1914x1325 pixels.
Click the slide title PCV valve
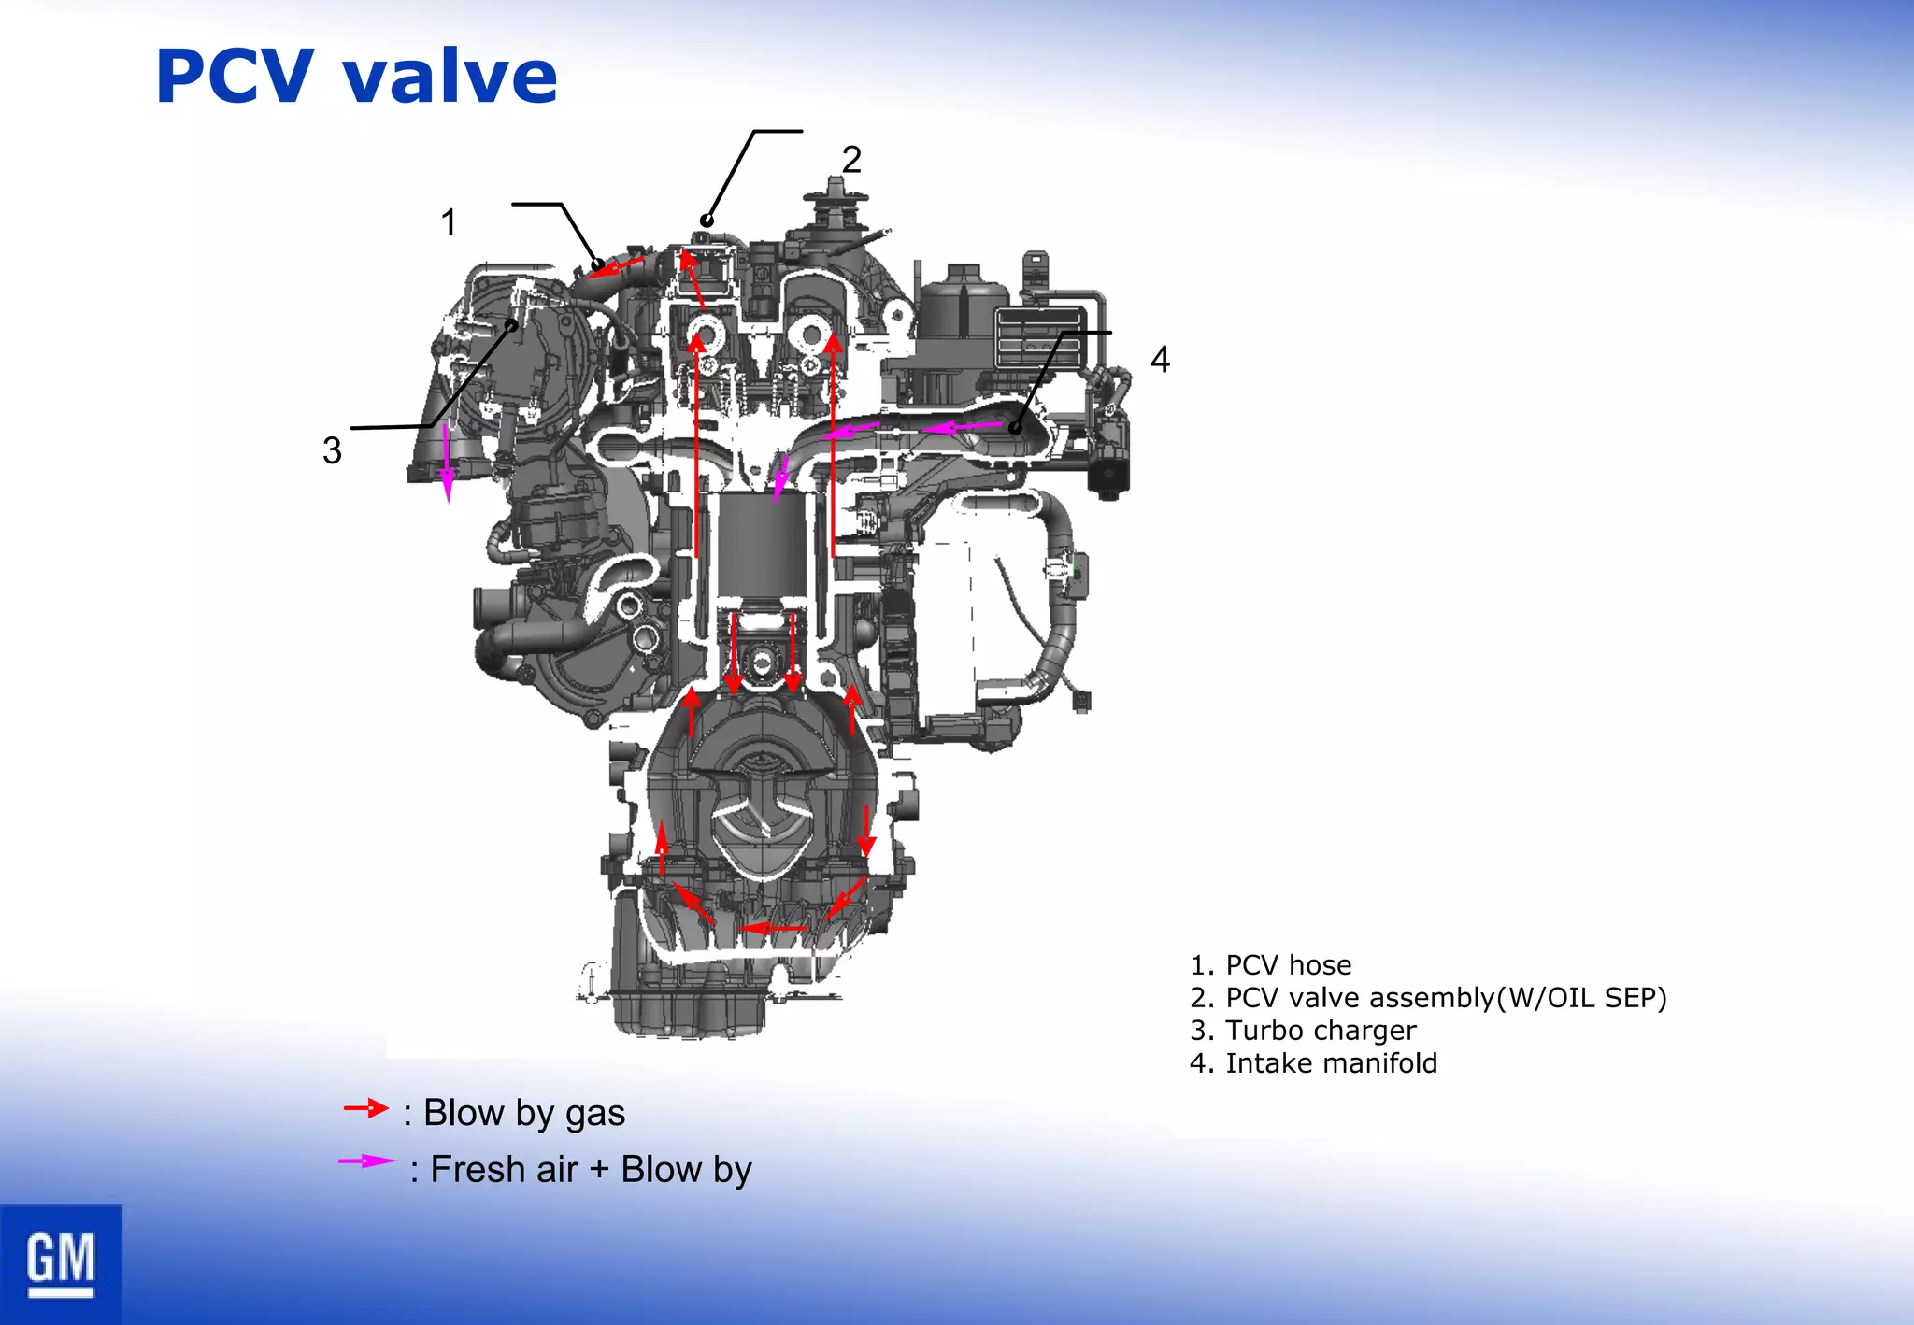pyautogui.click(x=356, y=77)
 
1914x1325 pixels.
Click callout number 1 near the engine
pyautogui.click(x=449, y=222)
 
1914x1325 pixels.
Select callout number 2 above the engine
pyautogui.click(x=850, y=160)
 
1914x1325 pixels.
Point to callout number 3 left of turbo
pyautogui.click(x=332, y=450)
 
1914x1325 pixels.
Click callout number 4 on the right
pyautogui.click(x=1160, y=360)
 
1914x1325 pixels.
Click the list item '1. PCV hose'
pyautogui.click(x=1271, y=964)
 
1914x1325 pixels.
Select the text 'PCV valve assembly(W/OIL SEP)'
pyautogui.click(x=1446, y=997)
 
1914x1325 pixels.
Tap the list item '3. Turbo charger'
pyautogui.click(x=1303, y=1030)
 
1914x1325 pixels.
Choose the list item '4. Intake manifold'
pyautogui.click(x=1313, y=1062)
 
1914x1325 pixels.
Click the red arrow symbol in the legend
pyautogui.click(x=365, y=1108)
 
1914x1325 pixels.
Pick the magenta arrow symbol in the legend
pyautogui.click(x=366, y=1161)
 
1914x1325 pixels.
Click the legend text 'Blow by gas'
pyautogui.click(x=523, y=1113)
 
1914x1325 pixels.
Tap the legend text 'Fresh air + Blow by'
pyautogui.click(x=591, y=1170)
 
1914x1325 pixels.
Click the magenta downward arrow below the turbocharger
pyautogui.click(x=448, y=464)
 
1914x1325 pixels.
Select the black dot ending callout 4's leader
pyautogui.click(x=1015, y=428)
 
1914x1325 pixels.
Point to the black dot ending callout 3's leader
pyautogui.click(x=512, y=325)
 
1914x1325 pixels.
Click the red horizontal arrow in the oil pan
pyautogui.click(x=772, y=928)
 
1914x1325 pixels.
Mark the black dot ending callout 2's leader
pyautogui.click(x=707, y=221)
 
